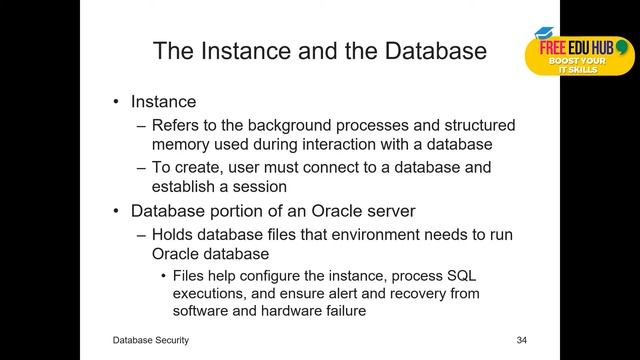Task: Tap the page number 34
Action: coord(521,341)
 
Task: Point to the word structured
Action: coord(468,126)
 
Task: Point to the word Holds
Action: coord(171,235)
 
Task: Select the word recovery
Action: coord(408,294)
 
